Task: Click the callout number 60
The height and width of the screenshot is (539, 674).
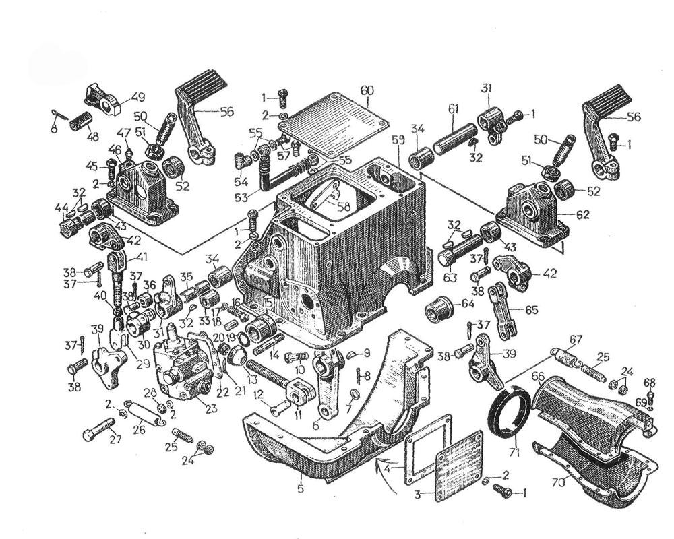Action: (367, 90)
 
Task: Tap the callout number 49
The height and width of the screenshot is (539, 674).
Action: (137, 95)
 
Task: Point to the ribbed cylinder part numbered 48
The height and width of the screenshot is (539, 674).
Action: (82, 123)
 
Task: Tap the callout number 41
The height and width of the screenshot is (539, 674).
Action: (141, 256)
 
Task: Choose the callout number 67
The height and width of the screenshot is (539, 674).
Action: (575, 338)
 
